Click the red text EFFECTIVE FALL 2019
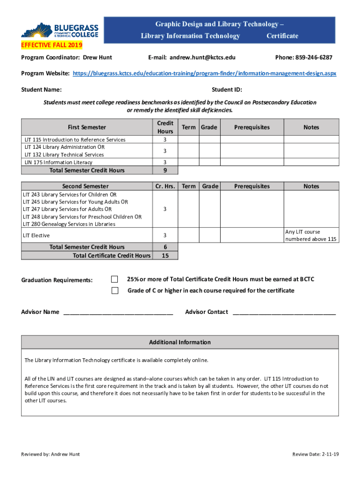tap(51, 45)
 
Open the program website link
tap(204, 74)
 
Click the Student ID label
tap(227, 90)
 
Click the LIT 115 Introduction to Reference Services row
tap(75, 139)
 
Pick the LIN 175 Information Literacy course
tap(58, 162)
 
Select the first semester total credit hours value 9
tap(165, 170)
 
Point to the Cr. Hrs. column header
tap(165, 186)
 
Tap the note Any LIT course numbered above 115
tap(311, 235)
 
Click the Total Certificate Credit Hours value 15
tap(165, 255)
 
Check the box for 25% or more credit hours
tap(115, 279)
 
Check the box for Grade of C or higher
tap(115, 290)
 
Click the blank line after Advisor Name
tap(118, 312)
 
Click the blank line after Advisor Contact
tap(284, 312)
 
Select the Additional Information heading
tap(180, 342)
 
